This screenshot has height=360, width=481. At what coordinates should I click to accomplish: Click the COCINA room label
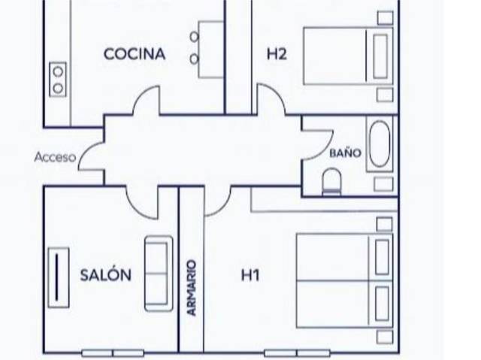click(135, 54)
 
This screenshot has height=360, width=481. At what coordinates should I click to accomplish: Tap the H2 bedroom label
click(277, 54)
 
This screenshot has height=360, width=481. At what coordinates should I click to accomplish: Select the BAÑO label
click(346, 153)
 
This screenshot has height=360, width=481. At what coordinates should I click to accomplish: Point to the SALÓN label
click(106, 275)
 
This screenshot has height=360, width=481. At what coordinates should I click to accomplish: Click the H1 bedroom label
click(250, 276)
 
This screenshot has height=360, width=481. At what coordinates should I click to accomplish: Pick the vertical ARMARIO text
click(192, 287)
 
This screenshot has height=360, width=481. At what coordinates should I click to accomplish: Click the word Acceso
click(55, 158)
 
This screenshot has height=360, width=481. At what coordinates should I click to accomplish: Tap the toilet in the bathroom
click(331, 181)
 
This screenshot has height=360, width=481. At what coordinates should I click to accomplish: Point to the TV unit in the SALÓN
click(57, 277)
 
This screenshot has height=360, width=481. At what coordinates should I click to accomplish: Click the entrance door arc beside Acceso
click(92, 156)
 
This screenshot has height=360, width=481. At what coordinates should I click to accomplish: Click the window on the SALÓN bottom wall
click(113, 352)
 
